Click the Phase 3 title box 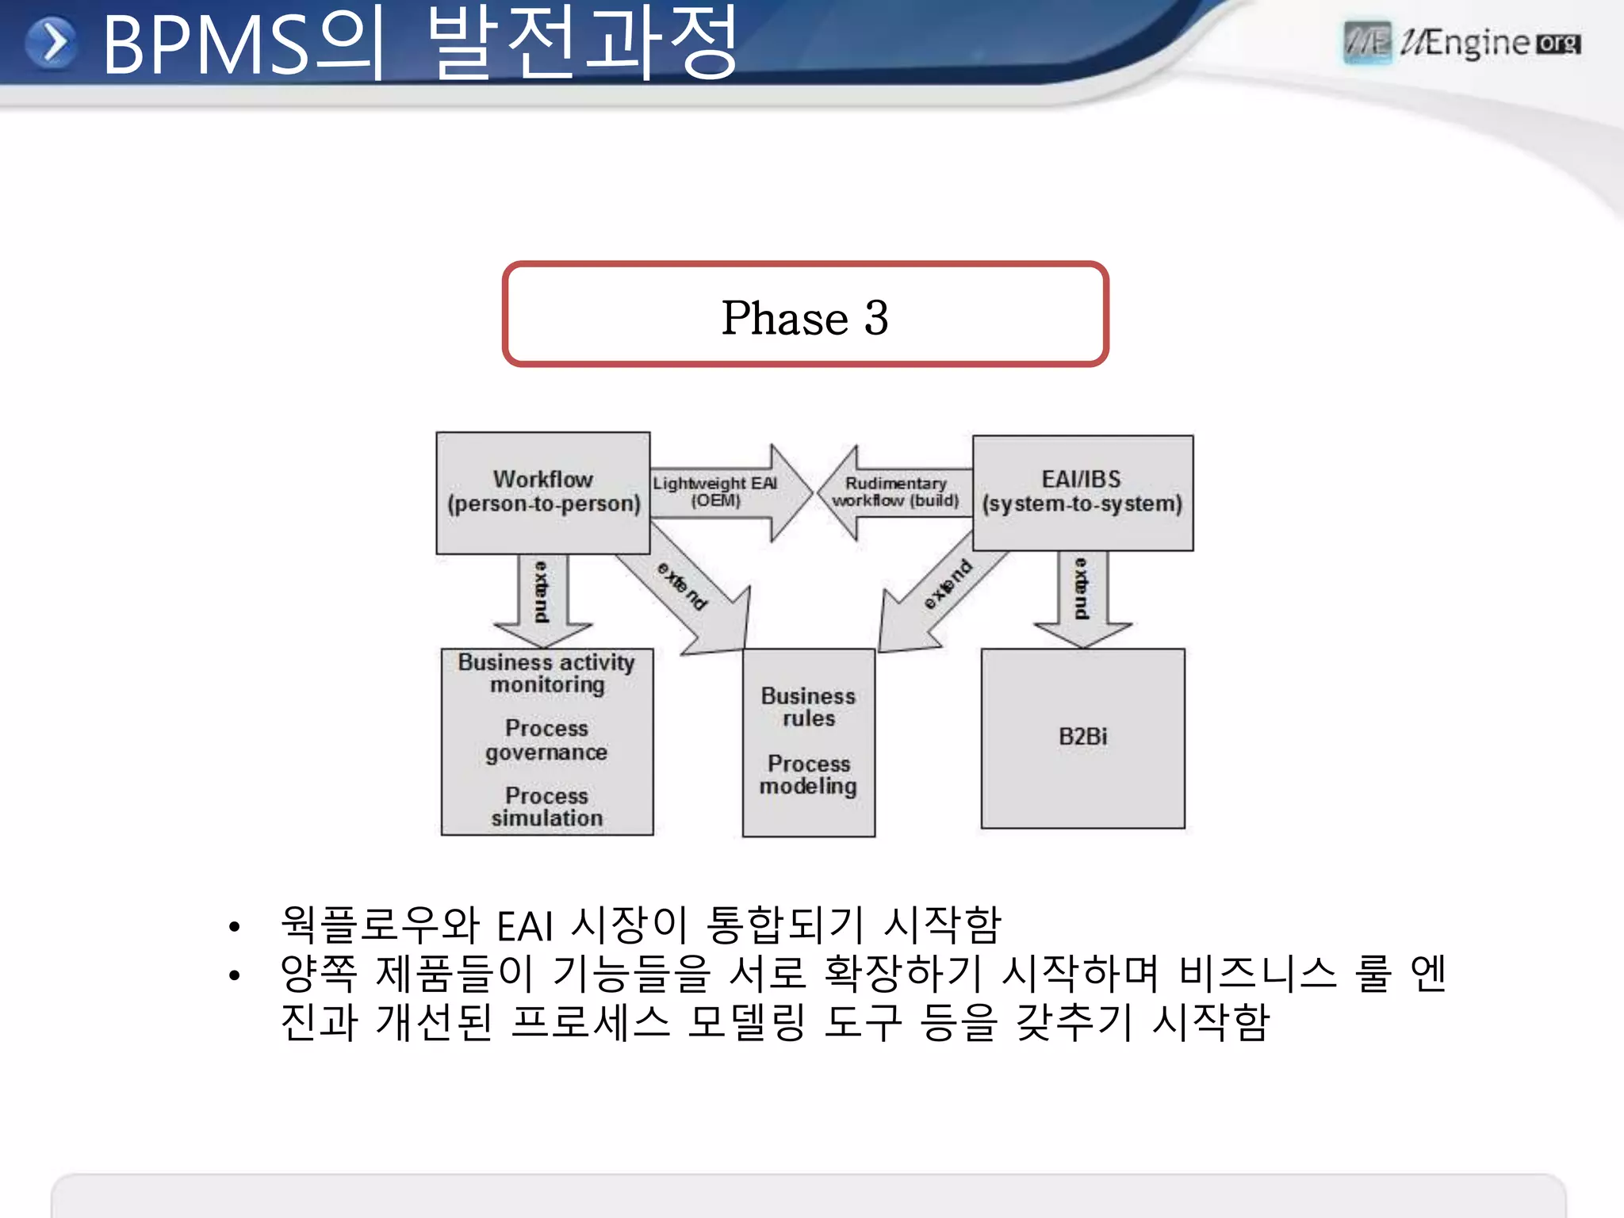coord(805,315)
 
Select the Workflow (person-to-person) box coord(543,492)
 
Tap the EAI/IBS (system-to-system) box coord(1082,492)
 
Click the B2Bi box coord(1082,737)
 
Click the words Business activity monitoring coord(546,673)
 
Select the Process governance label coord(546,740)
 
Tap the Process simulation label coord(546,806)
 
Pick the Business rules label coord(808,707)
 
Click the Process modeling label coord(808,775)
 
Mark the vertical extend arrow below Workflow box coord(543,595)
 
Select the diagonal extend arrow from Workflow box coord(686,591)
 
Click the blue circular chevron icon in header coord(52,43)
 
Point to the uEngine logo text coord(1475,43)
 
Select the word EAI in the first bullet coord(524,926)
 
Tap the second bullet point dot coord(234,975)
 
